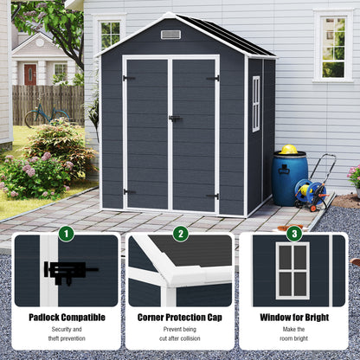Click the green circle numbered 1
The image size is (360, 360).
pyautogui.click(x=67, y=233)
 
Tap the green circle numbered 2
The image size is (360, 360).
pyautogui.click(x=180, y=233)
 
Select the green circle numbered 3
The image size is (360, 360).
pyautogui.click(x=293, y=233)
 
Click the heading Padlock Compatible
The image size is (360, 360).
pyautogui.click(x=67, y=318)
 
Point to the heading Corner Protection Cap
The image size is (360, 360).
pyautogui.click(x=180, y=318)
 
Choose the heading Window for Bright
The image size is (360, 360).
pyautogui.click(x=293, y=318)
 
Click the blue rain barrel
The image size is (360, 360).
pyautogui.click(x=289, y=178)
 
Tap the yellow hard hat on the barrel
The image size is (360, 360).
pyautogui.click(x=289, y=150)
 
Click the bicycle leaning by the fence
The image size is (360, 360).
pyautogui.click(x=47, y=113)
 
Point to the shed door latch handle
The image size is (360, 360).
pyautogui.click(x=174, y=119)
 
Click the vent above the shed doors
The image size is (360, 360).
pyautogui.click(x=170, y=35)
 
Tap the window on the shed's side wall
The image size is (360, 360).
pyautogui.click(x=255, y=104)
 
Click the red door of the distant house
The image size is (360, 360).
pyautogui.click(x=30, y=74)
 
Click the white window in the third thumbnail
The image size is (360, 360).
pyautogui.click(x=292, y=270)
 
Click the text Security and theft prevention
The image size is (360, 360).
pyautogui.click(x=67, y=335)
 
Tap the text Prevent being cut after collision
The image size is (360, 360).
pyautogui.click(x=180, y=335)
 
